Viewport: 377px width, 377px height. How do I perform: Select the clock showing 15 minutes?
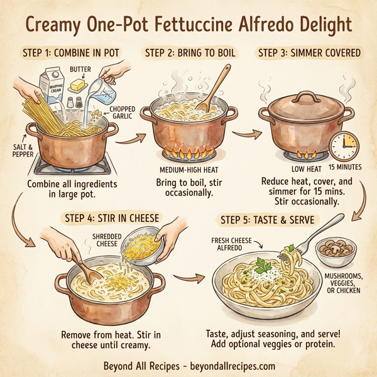point(343,146)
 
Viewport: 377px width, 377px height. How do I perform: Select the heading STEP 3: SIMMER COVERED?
point(310,53)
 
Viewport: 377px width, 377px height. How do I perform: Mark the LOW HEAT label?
point(307,168)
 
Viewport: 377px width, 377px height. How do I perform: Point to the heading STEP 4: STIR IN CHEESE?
point(112,218)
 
